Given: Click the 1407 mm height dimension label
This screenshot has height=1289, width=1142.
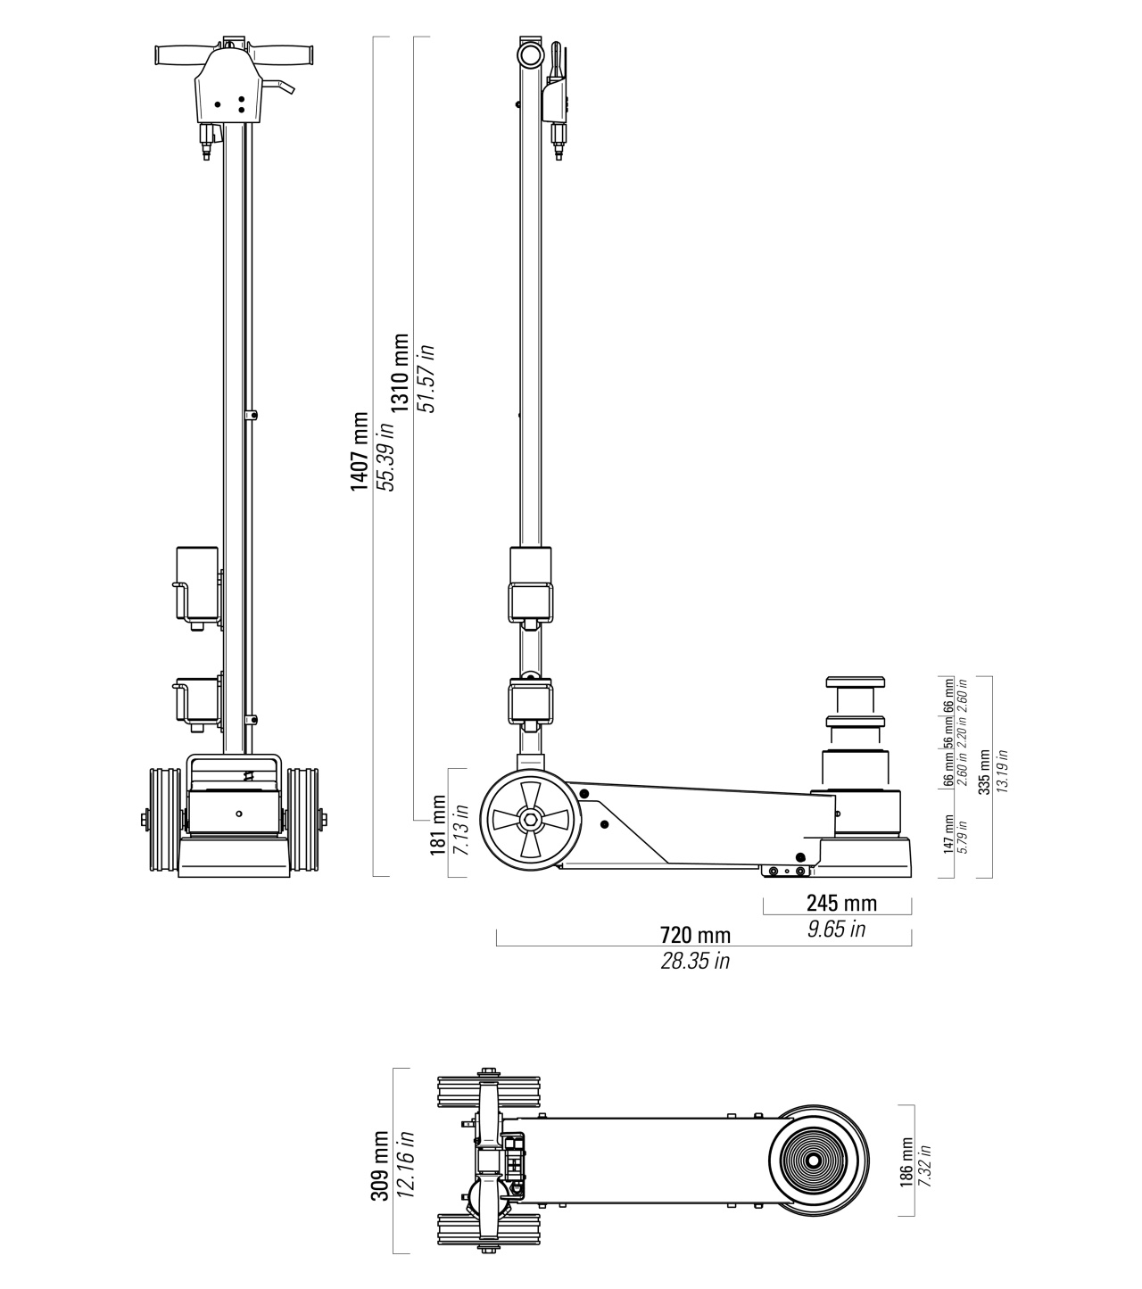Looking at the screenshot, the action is tap(360, 451).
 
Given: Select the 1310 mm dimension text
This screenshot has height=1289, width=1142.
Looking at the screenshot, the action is tap(401, 373).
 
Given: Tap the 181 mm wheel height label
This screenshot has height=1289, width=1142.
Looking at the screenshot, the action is tap(438, 825).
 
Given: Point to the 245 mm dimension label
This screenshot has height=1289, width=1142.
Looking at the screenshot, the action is tap(841, 903).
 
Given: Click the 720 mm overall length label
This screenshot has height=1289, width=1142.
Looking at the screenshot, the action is tap(695, 935).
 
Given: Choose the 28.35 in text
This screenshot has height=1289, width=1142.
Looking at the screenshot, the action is tap(695, 960).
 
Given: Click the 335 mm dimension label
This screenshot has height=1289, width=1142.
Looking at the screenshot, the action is tap(985, 772).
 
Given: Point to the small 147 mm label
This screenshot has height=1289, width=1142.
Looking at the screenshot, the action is tap(949, 834).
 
